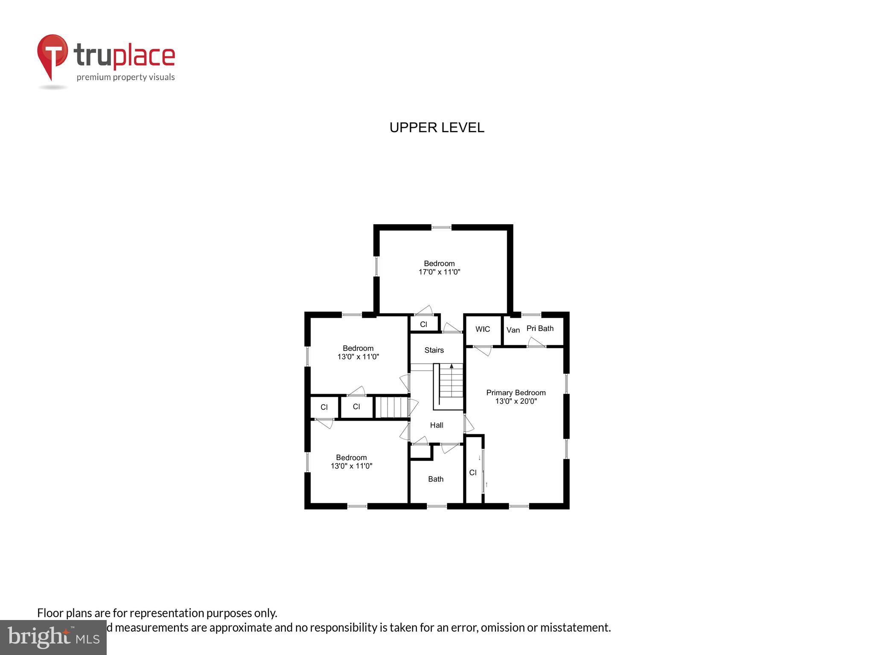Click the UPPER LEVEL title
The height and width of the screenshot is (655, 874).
coord(437,128)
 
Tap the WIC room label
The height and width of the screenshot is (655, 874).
coord(483,329)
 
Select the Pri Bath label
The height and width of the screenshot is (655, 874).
coord(540,328)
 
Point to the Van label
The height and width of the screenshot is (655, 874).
coord(513,330)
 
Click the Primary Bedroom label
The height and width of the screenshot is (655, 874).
coord(516,393)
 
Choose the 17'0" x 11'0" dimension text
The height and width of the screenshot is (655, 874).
coord(439,272)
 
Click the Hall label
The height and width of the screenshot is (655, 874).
coord(437,425)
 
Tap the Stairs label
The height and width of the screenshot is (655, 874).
coord(434,350)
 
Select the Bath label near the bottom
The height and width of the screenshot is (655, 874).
coord(436,479)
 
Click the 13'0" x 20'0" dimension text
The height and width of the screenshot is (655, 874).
coord(516,401)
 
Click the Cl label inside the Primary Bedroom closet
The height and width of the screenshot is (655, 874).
coord(473,472)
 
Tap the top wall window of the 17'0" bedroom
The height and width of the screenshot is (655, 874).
coord(441,228)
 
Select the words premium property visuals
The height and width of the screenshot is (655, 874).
coord(125,77)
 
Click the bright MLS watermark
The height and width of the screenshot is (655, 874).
coord(53,638)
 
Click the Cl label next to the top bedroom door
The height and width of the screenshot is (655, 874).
coord(423,325)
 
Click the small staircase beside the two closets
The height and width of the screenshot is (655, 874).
coord(391,407)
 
